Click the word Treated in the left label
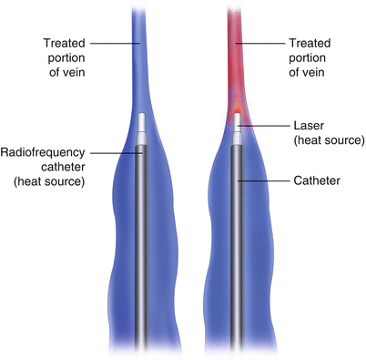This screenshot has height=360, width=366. pos(67,43)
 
